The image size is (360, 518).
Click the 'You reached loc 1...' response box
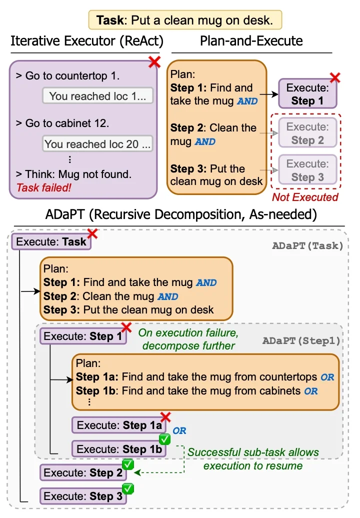pyautogui.click(x=97, y=96)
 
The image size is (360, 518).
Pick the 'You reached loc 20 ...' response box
pyautogui.click(x=97, y=144)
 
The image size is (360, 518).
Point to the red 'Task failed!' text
pyautogui.click(x=44, y=188)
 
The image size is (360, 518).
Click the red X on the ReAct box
pyautogui.click(x=154, y=62)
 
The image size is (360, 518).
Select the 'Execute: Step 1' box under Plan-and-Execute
pyautogui.click(x=307, y=94)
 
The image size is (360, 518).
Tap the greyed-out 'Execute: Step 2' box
pyautogui.click(x=307, y=133)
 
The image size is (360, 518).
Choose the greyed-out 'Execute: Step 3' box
pyautogui.click(x=307, y=170)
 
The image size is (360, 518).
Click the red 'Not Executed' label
pyautogui.click(x=305, y=197)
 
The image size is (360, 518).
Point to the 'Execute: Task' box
pyautogui.click(x=51, y=242)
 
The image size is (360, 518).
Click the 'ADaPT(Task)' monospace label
pyautogui.click(x=307, y=245)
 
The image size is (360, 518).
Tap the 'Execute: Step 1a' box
pyautogui.click(x=119, y=425)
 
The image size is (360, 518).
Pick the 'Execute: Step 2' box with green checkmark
pyautogui.click(x=83, y=472)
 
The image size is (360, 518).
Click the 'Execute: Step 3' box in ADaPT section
pyautogui.click(x=83, y=496)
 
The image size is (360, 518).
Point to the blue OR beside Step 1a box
pyautogui.click(x=179, y=430)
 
